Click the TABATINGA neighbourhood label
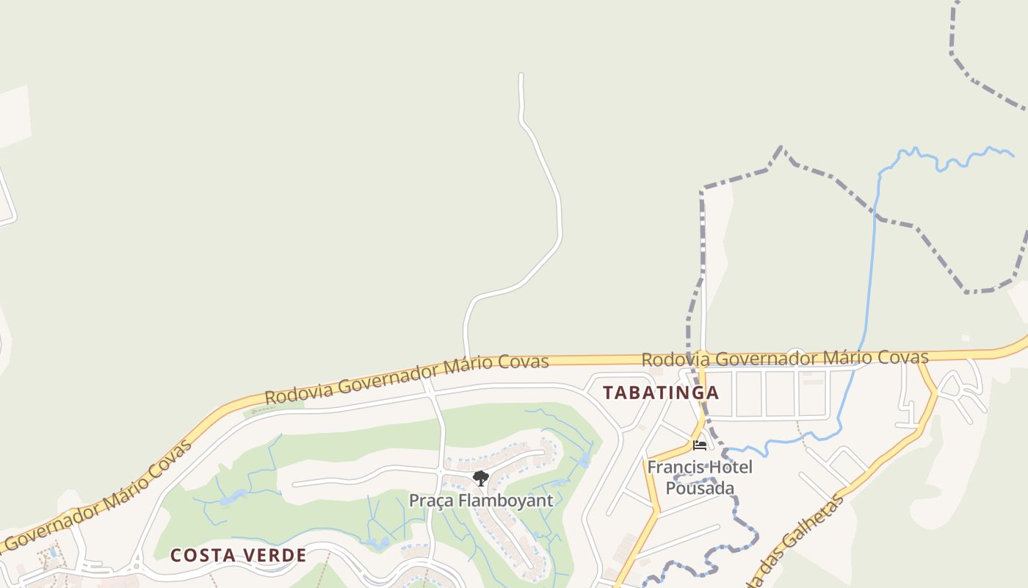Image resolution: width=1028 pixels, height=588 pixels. [x=661, y=392]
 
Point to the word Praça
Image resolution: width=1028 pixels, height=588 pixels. [x=432, y=501]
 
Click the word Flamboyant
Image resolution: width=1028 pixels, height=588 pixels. [x=506, y=501]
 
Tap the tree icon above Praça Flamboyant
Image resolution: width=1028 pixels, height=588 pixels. [x=481, y=479]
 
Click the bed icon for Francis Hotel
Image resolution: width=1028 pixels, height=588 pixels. [x=699, y=445]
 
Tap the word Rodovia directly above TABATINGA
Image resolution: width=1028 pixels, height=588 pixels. [x=676, y=359]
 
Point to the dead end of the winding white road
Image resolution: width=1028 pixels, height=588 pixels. [x=521, y=75]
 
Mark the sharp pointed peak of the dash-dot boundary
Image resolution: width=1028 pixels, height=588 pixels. [x=781, y=147]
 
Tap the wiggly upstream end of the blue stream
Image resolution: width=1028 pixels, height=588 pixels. [x=1012, y=154]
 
